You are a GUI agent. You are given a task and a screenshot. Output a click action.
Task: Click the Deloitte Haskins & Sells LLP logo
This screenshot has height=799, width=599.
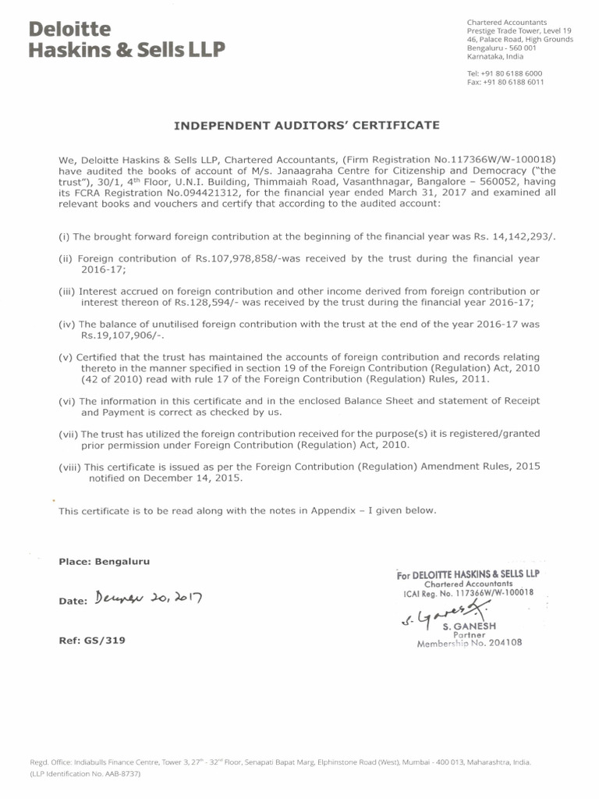pos(126,40)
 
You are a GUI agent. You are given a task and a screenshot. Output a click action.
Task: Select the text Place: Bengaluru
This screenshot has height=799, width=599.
pos(104,561)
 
